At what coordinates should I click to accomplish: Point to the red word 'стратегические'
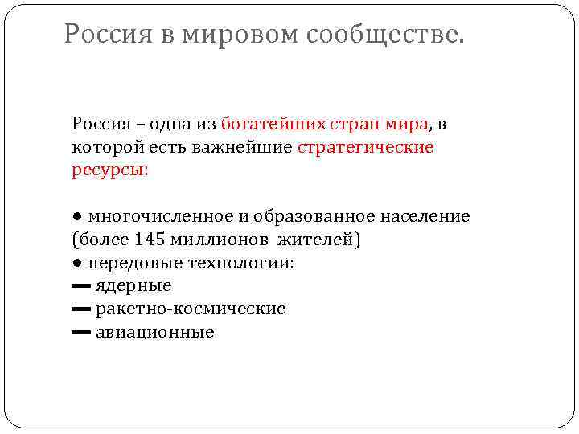click(x=365, y=147)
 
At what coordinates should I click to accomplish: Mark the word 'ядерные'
click(x=133, y=286)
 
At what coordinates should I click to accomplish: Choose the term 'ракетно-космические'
click(x=191, y=309)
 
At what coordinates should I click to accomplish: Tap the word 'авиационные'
click(x=154, y=332)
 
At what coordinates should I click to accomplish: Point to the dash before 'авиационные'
click(x=80, y=333)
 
